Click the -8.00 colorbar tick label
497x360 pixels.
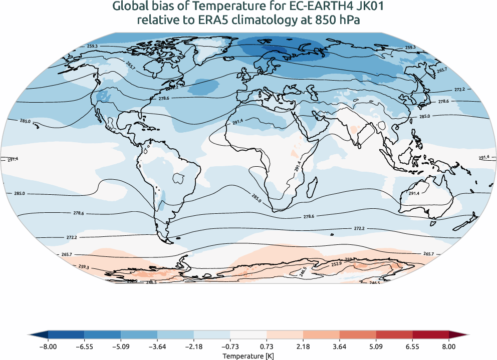pos(48,346)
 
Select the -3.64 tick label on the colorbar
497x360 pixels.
pos(157,346)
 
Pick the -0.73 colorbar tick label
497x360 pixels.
pos(230,346)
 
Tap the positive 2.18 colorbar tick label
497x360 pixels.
pos(303,346)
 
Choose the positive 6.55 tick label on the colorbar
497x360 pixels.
pos(412,346)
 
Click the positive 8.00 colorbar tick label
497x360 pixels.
pos(449,346)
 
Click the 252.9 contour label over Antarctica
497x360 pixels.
pos(336,264)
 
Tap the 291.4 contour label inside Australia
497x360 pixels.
pos(414,193)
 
